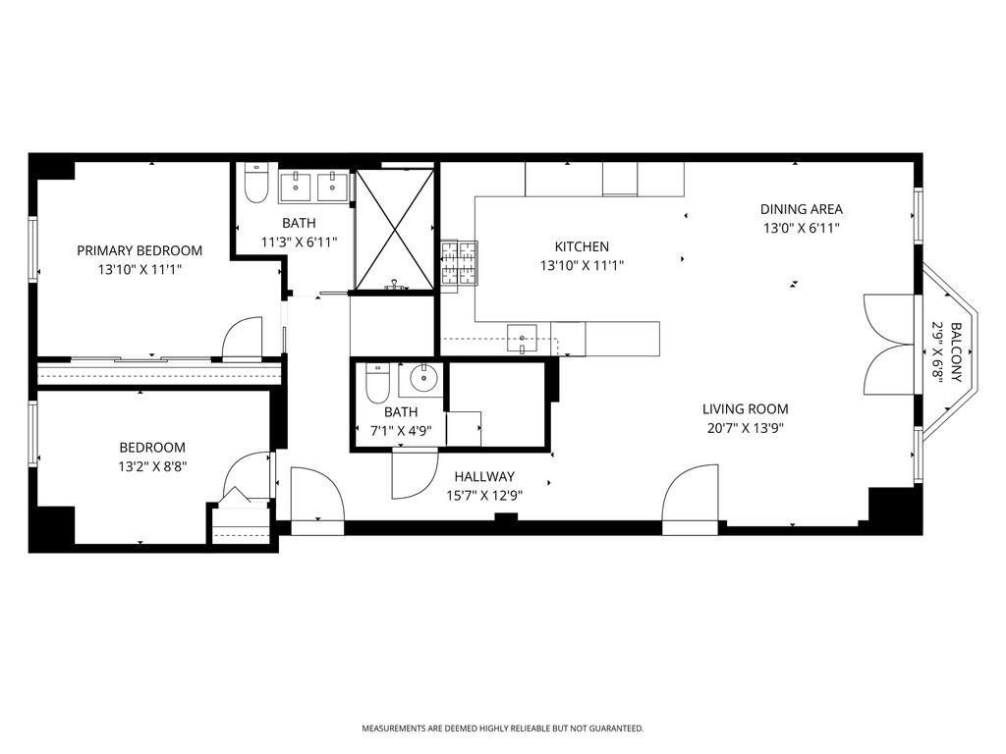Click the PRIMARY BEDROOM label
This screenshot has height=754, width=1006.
tap(140, 250)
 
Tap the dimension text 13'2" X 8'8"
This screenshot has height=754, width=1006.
tap(152, 466)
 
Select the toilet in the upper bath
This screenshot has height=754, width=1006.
tap(256, 184)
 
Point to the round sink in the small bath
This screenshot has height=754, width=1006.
tap(425, 378)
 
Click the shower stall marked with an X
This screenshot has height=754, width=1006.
tap(394, 229)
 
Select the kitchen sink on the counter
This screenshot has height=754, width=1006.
tap(521, 339)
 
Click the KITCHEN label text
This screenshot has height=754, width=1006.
tap(582, 246)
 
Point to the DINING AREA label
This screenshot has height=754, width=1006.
tap(801, 209)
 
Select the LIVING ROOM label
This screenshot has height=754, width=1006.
tap(745, 409)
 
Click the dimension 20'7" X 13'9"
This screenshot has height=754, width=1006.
tap(745, 428)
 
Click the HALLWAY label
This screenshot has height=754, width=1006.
tap(484, 477)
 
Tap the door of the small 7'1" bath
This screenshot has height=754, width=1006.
tap(412, 473)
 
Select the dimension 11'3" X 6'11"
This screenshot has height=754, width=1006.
tap(299, 242)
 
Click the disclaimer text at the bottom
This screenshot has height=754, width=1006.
tap(503, 728)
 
